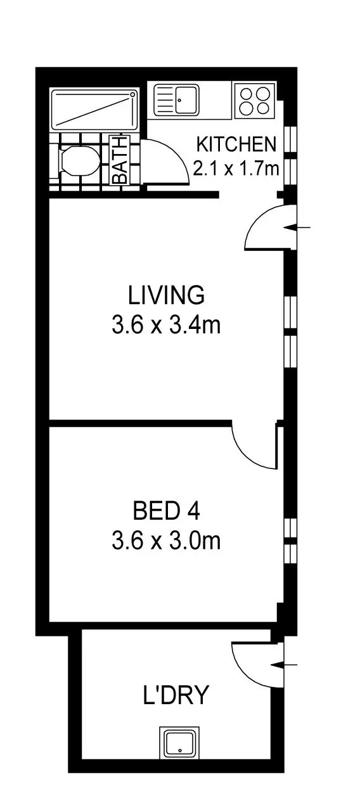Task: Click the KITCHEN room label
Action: coord(236,145)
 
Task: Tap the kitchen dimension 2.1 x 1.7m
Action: coord(236,168)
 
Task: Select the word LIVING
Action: coord(166,295)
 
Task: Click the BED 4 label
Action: coord(167,510)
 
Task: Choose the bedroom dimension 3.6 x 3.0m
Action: coord(166,541)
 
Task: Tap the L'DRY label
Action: coord(175,696)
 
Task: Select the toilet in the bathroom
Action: coord(77,161)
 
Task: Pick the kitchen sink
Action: coord(177,100)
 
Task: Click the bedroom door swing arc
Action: coord(254,446)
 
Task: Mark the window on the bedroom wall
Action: coord(290,541)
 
